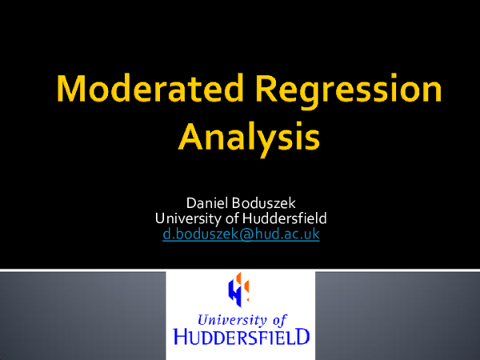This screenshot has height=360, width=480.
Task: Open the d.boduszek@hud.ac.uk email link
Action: [240, 234]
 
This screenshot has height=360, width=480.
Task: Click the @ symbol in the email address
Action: [235, 234]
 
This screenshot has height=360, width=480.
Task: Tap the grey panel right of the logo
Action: [397, 316]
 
